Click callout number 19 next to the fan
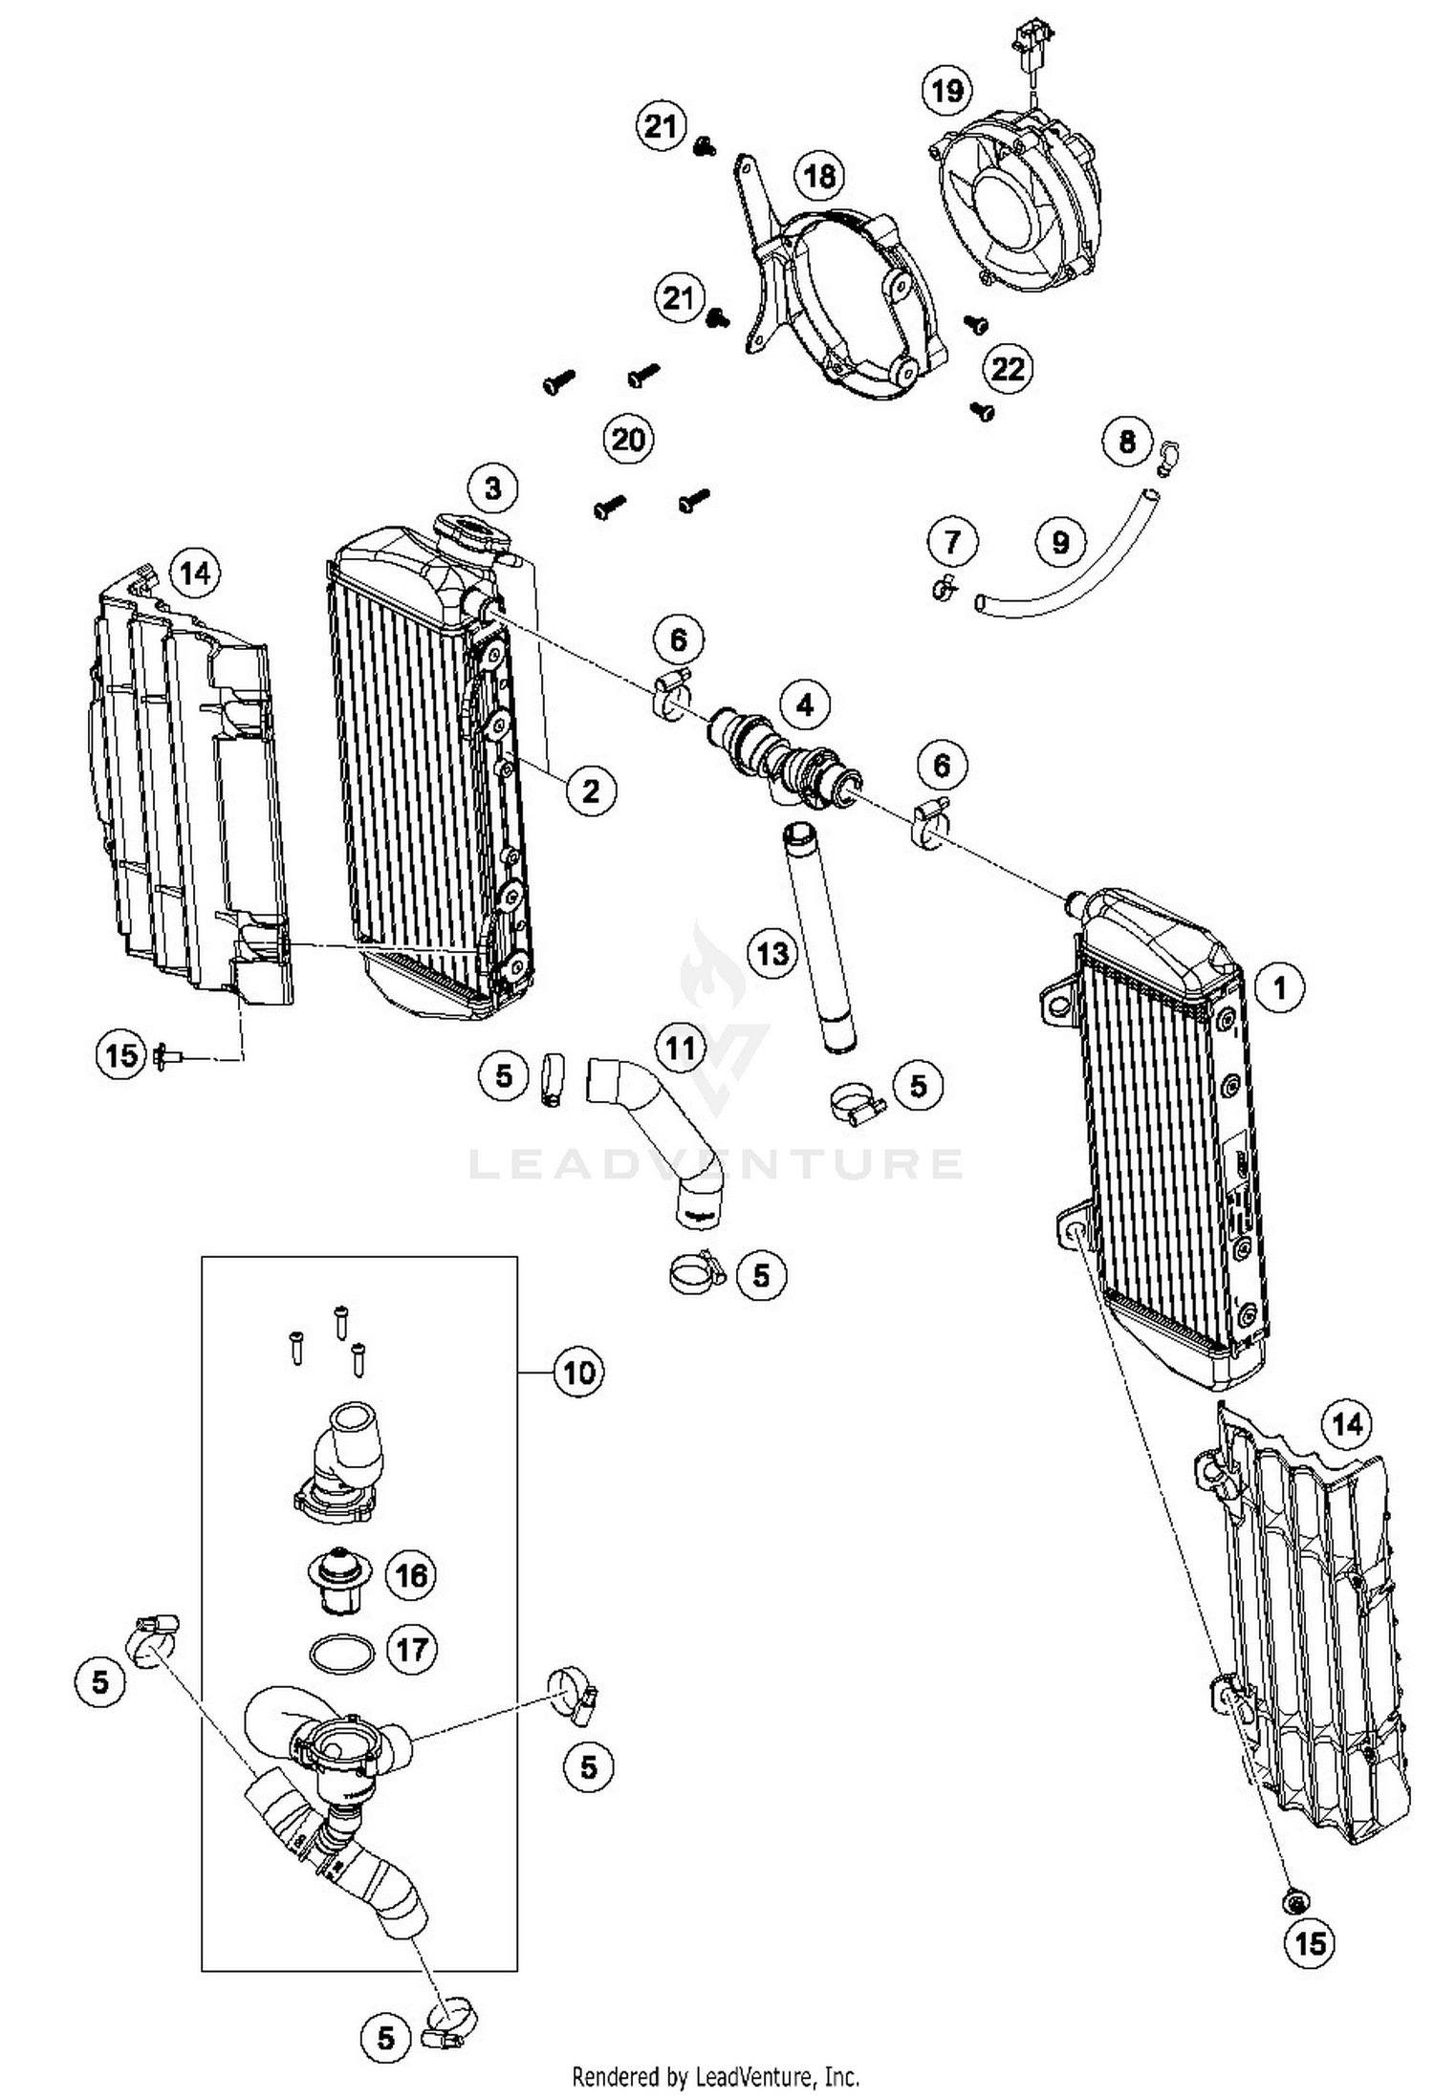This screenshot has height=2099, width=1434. click(x=946, y=91)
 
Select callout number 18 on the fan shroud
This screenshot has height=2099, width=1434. click(x=819, y=176)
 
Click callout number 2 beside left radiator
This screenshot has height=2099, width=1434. click(x=591, y=790)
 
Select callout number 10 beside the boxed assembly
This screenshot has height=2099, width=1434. click(x=579, y=1373)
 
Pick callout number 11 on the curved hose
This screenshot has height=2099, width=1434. click(x=680, y=1049)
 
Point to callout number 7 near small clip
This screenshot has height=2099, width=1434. click(x=952, y=542)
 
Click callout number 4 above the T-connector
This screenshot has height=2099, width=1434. click(x=805, y=704)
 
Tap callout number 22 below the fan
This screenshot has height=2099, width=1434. click(x=1008, y=368)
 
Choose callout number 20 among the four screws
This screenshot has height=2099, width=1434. click(x=628, y=440)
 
